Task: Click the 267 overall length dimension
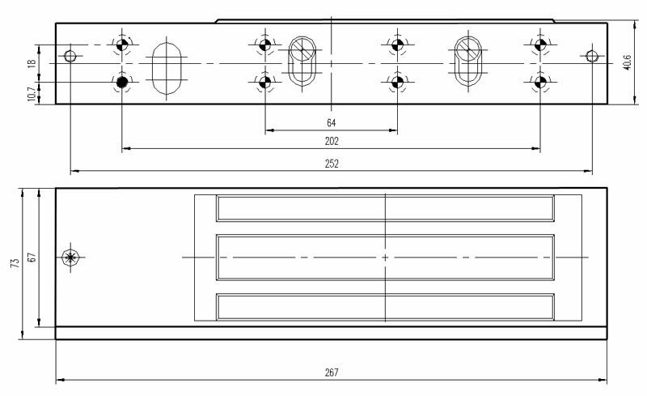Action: pos(331,373)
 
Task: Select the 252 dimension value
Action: pos(331,163)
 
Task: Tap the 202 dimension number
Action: pos(331,141)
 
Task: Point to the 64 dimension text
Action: pos(331,122)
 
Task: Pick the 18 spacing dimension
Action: pos(32,63)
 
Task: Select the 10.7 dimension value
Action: pos(32,94)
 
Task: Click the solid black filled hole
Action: pos(122,82)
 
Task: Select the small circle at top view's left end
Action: pos(70,56)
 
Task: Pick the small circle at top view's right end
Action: pos(592,56)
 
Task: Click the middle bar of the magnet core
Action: pos(386,257)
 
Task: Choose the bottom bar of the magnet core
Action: pos(386,305)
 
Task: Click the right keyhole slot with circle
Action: pos(467,61)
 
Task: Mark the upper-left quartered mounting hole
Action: pos(122,45)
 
